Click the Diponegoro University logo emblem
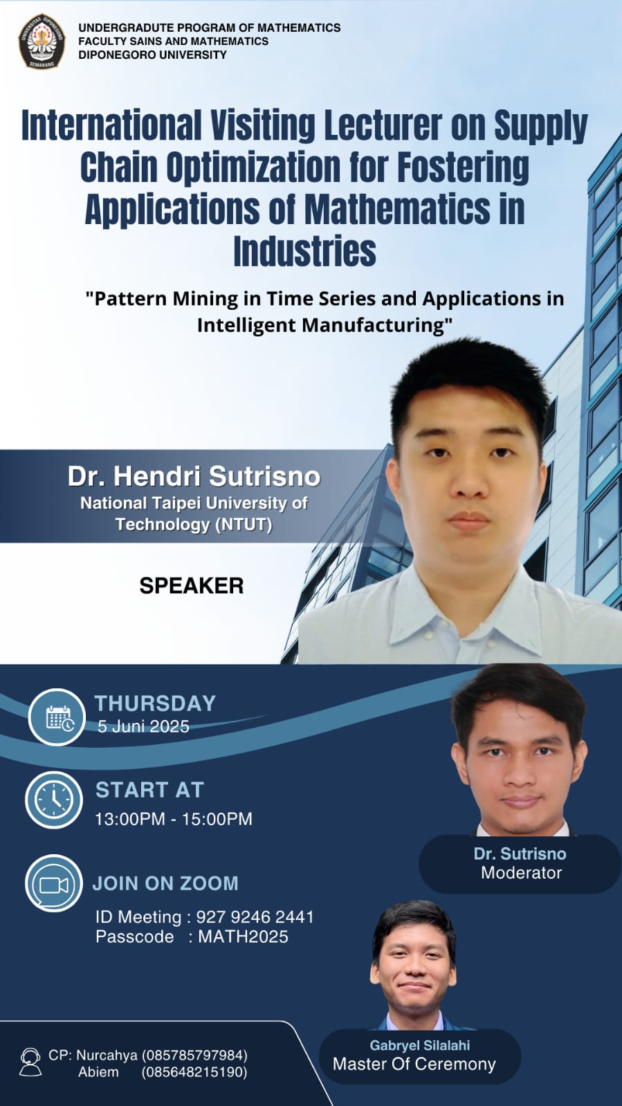point(42,42)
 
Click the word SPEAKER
point(192,586)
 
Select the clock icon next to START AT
point(55,800)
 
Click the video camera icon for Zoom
point(54,885)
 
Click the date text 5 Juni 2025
point(143,726)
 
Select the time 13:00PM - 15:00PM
point(174,819)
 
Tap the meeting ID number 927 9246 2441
point(255,917)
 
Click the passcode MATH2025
point(243,937)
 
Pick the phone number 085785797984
point(194,1055)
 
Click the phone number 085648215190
point(194,1072)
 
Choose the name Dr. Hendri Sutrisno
point(194,477)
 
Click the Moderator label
point(521,873)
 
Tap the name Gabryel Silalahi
point(420,1045)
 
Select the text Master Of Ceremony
point(414,1064)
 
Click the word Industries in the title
point(305,251)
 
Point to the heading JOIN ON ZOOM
point(165,883)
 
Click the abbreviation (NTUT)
point(244,524)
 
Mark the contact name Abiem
point(98,1072)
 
